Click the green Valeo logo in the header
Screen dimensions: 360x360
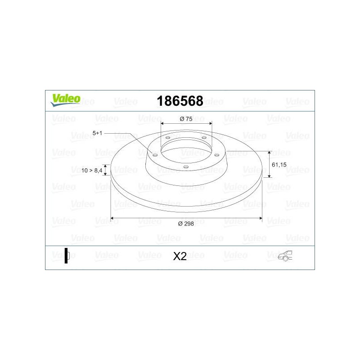(65, 100)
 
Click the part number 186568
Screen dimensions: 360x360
(180, 101)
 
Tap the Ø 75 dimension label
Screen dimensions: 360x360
(186, 119)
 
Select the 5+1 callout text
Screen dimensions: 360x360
(97, 133)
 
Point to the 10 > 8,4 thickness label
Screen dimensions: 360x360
(92, 171)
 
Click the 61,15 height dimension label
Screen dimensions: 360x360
(279, 165)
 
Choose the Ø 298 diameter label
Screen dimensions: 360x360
(186, 224)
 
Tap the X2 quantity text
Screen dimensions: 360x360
(180, 256)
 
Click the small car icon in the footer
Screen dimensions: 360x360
(285, 256)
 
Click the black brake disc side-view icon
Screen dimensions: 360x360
(67, 256)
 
